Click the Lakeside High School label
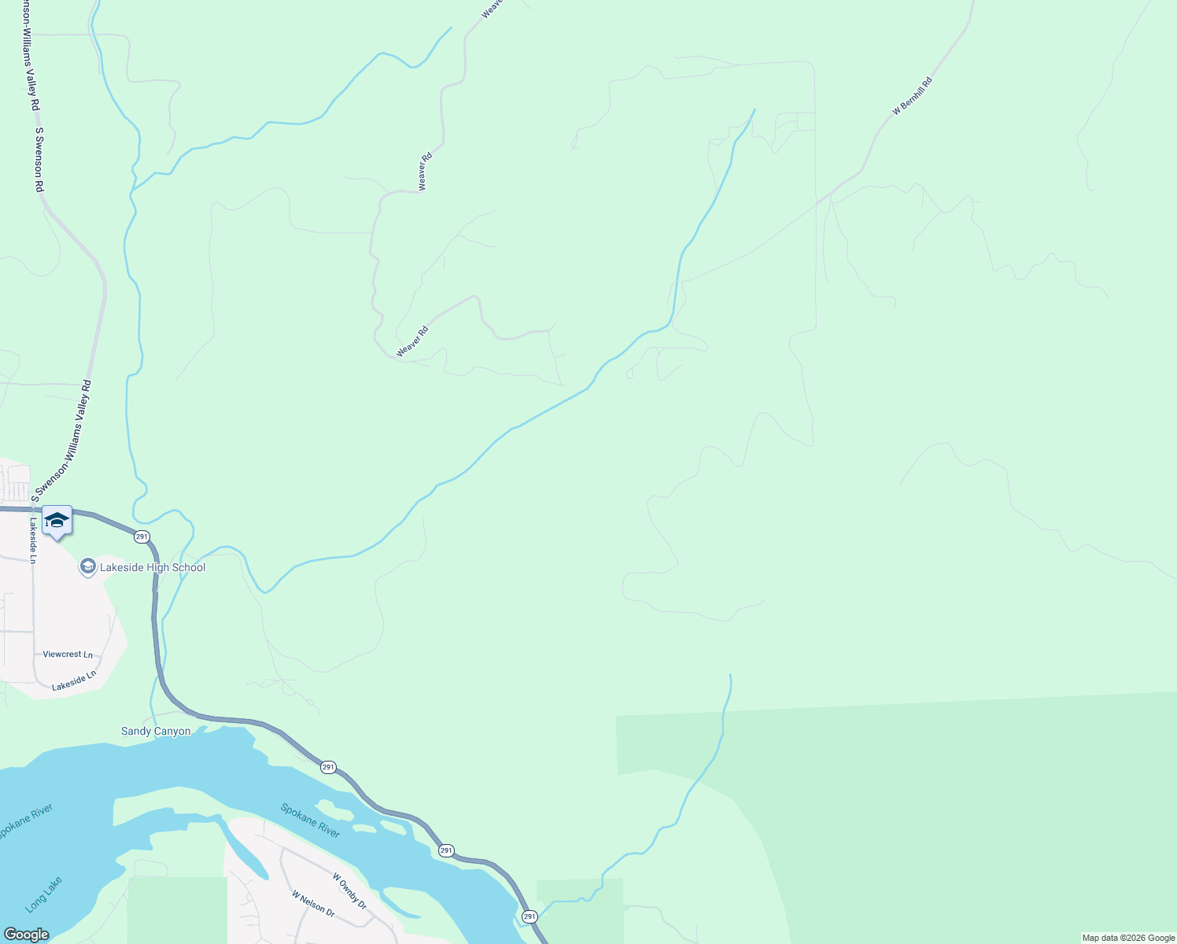coord(152,567)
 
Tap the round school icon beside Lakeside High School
coord(88,566)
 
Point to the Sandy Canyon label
coord(156,732)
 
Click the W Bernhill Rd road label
coord(913,97)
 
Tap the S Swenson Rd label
coord(38,160)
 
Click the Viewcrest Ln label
coord(68,655)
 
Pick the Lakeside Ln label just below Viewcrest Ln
coord(74,681)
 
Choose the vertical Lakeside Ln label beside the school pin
coord(33,540)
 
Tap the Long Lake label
coord(43,894)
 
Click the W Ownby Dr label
coord(349,891)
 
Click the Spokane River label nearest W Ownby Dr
coord(311,820)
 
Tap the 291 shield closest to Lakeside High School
coord(141,537)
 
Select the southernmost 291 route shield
coord(529,916)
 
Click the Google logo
coord(26,935)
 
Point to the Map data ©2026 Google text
coord(1128,938)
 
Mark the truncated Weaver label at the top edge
coord(492,9)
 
